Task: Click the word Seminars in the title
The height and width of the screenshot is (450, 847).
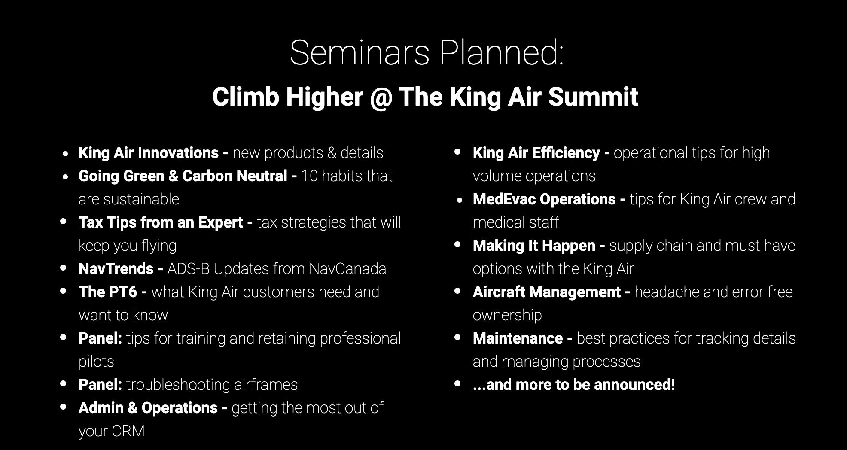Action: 360,53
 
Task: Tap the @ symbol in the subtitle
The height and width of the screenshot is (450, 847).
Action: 381,97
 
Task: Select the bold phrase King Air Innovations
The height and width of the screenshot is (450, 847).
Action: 149,153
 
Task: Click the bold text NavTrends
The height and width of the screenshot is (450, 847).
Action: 116,269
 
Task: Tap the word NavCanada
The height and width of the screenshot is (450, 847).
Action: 347,269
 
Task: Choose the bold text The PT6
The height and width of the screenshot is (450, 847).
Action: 108,292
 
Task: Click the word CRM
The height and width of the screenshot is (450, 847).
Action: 128,431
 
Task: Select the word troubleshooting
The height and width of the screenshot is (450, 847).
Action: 178,385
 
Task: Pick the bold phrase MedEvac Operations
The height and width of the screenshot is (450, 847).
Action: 544,199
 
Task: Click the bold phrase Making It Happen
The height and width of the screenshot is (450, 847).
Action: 534,246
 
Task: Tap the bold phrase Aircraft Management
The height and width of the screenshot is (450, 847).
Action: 547,292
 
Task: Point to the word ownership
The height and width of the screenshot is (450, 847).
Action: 507,316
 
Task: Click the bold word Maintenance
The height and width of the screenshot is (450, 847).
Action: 518,338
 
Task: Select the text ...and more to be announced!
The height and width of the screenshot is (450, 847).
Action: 574,385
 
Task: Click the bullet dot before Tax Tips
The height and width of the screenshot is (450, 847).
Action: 64,222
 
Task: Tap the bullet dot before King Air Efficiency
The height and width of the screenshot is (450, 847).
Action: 458,152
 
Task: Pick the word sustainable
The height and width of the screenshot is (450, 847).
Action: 129,199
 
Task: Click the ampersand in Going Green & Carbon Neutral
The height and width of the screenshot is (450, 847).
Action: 174,176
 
